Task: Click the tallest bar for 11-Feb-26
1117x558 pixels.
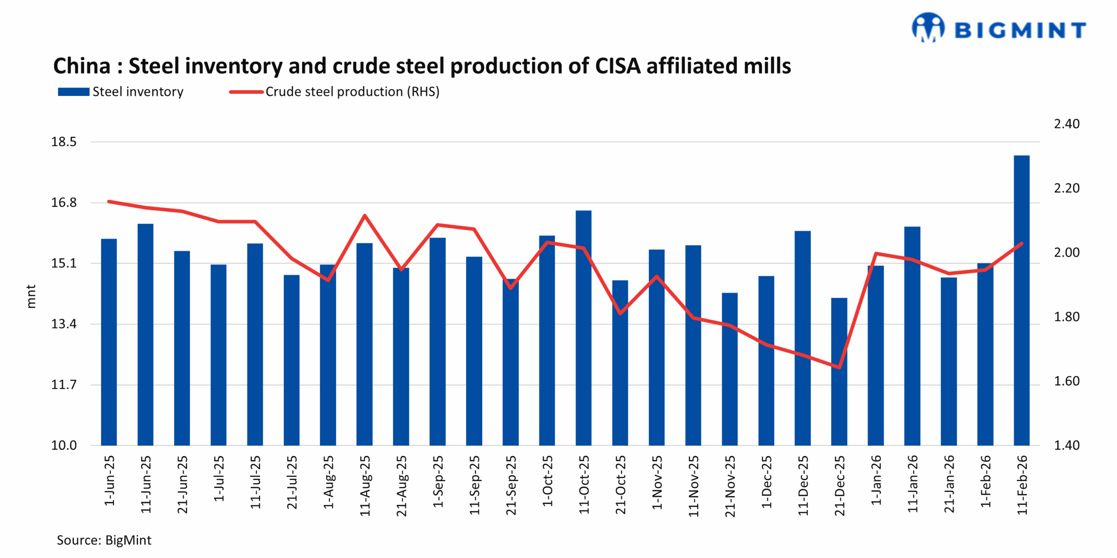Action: (x=1021, y=301)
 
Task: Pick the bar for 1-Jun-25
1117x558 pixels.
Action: (x=109, y=342)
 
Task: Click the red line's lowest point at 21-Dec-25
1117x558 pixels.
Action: (x=839, y=367)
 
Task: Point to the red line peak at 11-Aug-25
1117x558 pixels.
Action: (x=365, y=215)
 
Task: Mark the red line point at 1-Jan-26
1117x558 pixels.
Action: (x=875, y=253)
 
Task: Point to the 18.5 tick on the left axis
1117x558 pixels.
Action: (x=64, y=142)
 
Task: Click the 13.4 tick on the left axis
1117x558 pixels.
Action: (x=64, y=324)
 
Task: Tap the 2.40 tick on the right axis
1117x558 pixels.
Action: (x=1066, y=124)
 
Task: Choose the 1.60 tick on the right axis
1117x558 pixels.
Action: (x=1066, y=381)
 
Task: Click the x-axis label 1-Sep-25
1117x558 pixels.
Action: (x=438, y=481)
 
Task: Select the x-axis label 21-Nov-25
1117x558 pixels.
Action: (x=730, y=486)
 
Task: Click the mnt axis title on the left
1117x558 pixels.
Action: (x=31, y=296)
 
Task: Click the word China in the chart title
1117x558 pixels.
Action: (x=82, y=66)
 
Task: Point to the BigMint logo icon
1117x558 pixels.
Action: (x=928, y=27)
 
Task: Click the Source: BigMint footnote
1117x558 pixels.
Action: (x=104, y=540)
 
